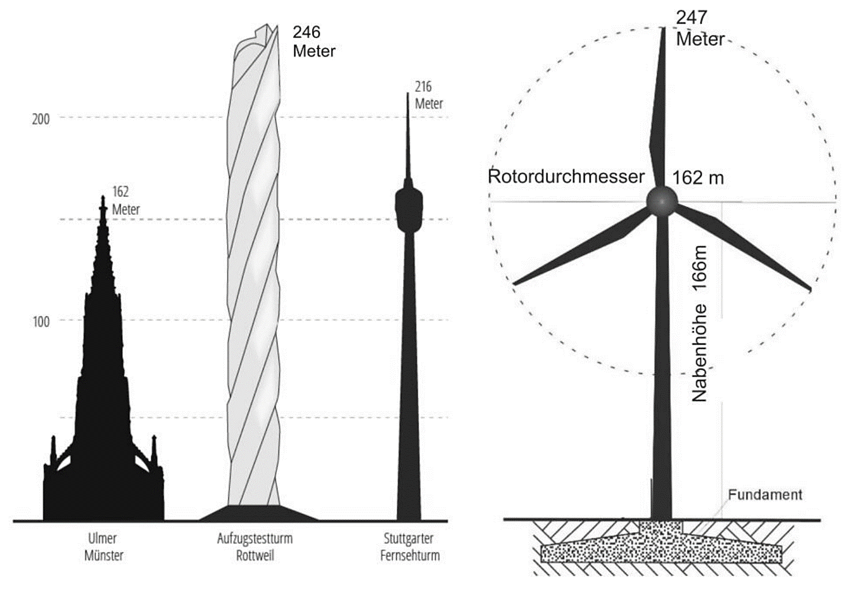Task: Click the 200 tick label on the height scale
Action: (40, 119)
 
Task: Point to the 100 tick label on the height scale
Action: (40, 322)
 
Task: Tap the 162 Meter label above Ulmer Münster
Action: (125, 200)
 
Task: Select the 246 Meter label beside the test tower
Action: (314, 42)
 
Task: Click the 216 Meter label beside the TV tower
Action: (429, 95)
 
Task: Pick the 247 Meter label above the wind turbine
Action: (700, 28)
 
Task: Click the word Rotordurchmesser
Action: (566, 176)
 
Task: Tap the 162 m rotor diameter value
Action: (698, 178)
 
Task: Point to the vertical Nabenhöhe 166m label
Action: (699, 323)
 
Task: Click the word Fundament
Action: (765, 495)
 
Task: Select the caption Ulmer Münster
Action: (104, 547)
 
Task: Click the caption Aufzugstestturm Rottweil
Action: (255, 547)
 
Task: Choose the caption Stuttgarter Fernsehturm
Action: (410, 547)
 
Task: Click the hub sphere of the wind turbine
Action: (661, 201)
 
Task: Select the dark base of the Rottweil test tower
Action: (258, 513)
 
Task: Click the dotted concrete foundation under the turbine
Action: (661, 548)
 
